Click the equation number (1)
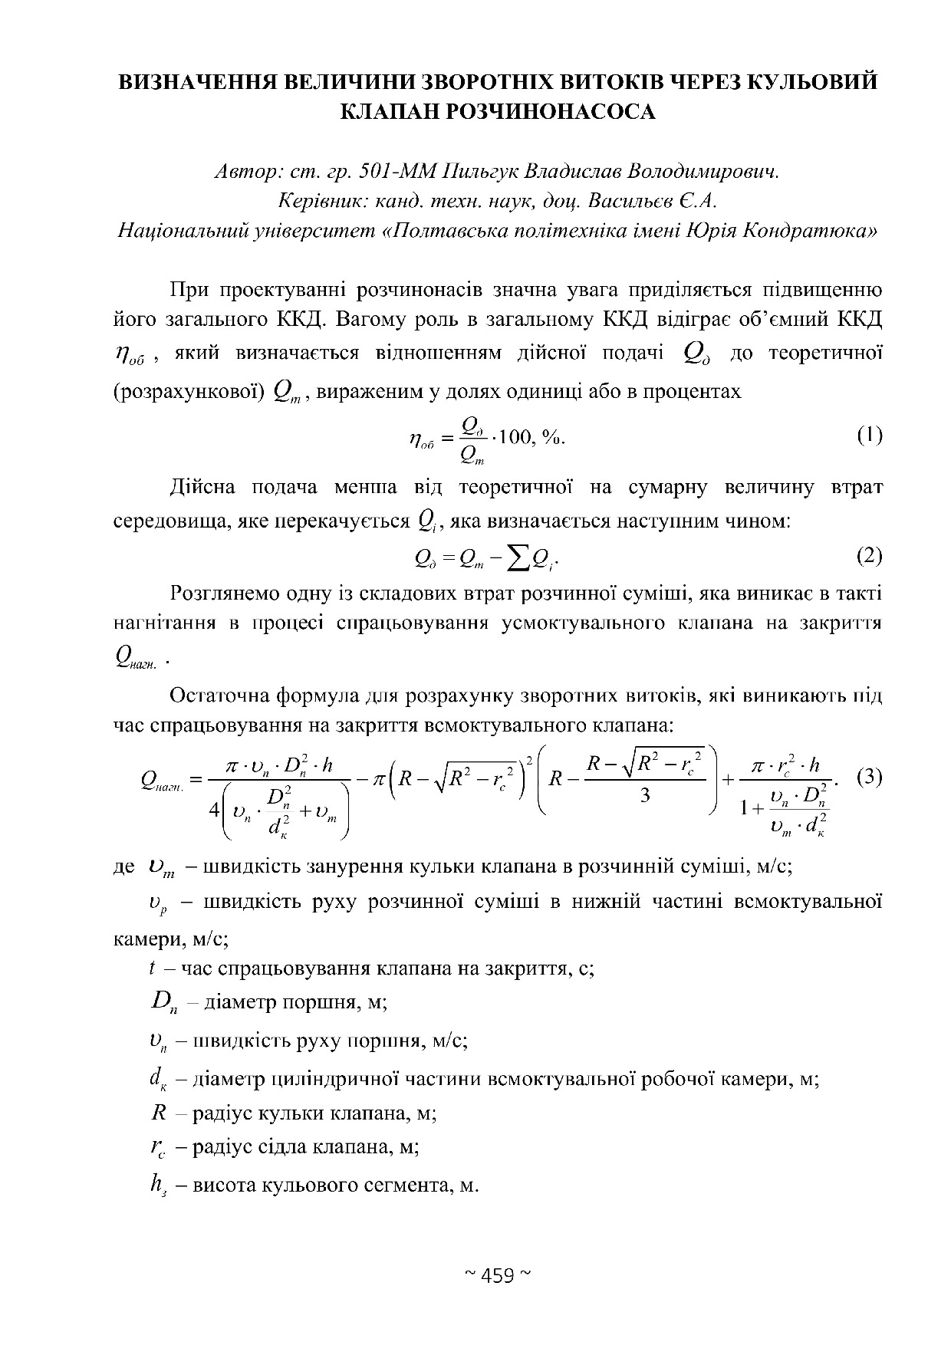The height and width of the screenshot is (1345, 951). pyautogui.click(x=869, y=436)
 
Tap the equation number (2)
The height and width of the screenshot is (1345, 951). pyautogui.click(x=869, y=556)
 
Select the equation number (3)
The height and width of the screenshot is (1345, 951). pyautogui.click(x=869, y=778)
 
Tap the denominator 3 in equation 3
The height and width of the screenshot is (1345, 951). pyautogui.click(x=645, y=796)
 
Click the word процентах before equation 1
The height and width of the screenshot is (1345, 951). pyautogui.click(x=689, y=392)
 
